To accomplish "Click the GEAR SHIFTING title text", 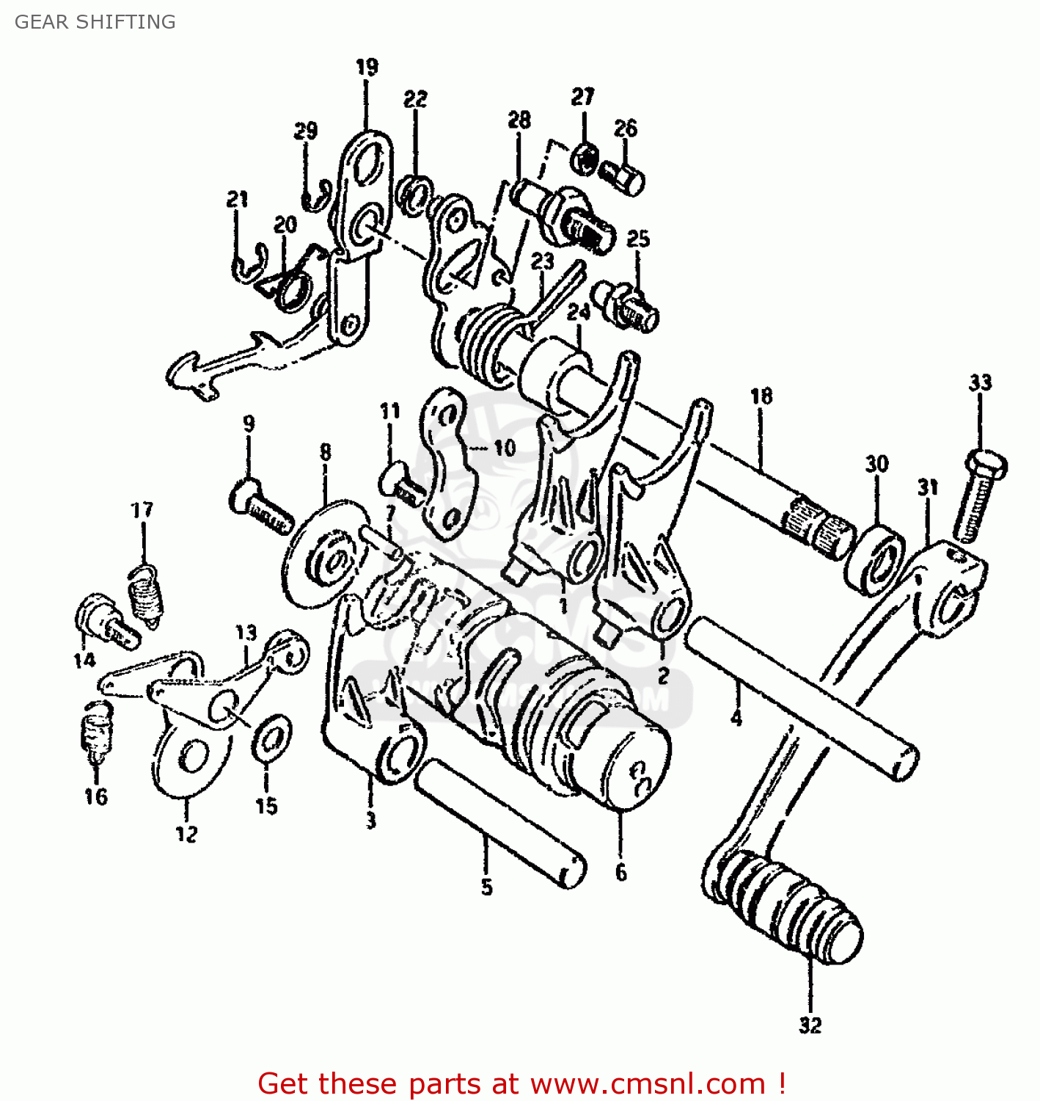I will pos(95,22).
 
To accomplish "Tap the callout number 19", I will pos(367,68).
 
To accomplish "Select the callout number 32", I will pos(810,1025).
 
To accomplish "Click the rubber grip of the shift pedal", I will pos(785,906).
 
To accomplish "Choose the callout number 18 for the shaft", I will pos(761,396).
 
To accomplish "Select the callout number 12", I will pos(186,834).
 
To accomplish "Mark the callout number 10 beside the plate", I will pos(505,448).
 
